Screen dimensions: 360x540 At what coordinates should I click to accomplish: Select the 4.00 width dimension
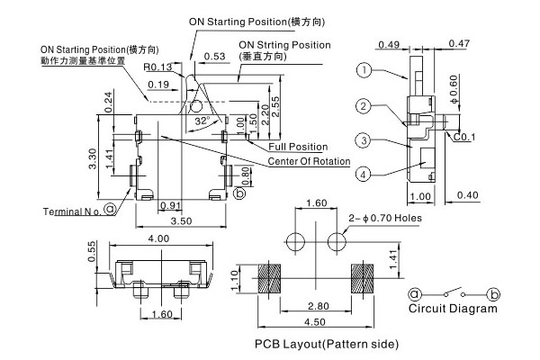tap(157, 238)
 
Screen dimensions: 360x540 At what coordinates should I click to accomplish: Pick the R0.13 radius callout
tap(157, 67)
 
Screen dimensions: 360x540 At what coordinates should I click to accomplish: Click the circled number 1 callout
tap(363, 70)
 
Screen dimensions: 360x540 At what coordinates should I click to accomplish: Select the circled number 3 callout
tap(363, 140)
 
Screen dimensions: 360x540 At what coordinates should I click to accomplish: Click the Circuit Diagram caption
tap(452, 309)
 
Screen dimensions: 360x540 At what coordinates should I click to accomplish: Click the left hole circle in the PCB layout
tap(294, 240)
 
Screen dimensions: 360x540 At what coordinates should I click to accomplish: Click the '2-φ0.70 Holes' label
tap(384, 218)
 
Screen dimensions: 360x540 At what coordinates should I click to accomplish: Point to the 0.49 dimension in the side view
tap(390, 43)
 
